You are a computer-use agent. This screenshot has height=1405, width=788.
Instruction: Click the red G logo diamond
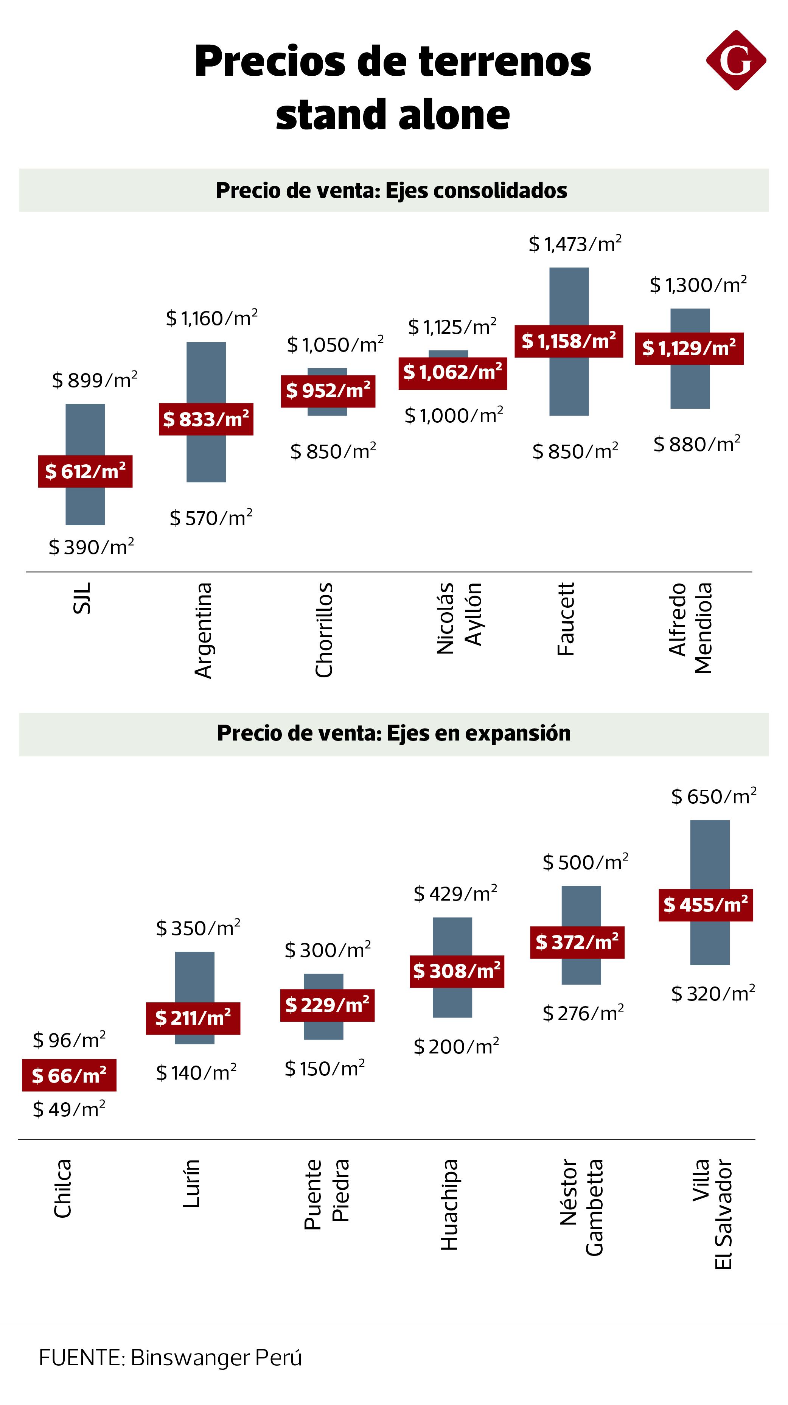736,60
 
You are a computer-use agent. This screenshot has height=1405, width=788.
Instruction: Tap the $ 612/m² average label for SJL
85,471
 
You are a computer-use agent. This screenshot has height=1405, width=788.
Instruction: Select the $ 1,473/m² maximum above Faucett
575,244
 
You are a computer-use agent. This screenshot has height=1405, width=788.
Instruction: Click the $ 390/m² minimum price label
91,547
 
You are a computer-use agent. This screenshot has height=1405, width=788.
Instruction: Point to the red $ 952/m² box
328,391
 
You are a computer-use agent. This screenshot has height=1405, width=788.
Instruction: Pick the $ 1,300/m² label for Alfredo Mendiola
698,285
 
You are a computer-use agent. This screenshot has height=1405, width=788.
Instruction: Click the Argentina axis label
204,630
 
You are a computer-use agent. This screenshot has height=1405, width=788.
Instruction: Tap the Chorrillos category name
324,630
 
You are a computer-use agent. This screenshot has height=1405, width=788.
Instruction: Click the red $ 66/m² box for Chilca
69,1075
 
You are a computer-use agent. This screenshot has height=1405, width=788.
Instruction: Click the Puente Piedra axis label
326,1195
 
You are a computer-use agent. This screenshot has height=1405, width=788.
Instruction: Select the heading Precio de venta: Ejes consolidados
391,190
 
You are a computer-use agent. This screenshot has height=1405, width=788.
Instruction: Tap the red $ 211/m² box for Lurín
193,1018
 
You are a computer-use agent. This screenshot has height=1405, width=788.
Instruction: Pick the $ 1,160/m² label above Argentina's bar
211,318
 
